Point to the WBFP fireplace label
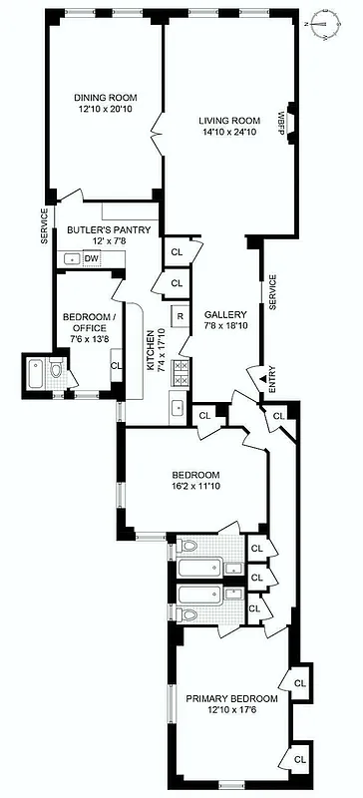pyautogui.click(x=282, y=120)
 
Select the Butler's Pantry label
pyautogui.click(x=109, y=230)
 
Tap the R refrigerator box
pyautogui.click(x=180, y=317)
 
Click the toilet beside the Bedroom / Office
pyautogui.click(x=55, y=371)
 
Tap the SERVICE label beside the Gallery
pyautogui.click(x=272, y=291)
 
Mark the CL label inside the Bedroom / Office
pyautogui.click(x=115, y=365)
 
